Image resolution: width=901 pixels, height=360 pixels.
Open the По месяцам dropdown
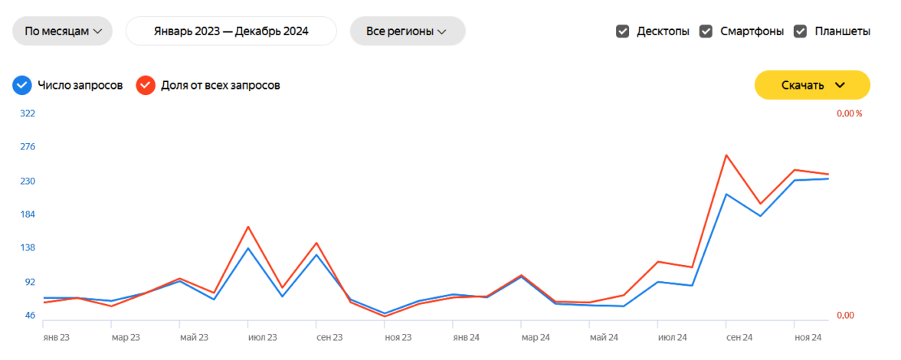62,31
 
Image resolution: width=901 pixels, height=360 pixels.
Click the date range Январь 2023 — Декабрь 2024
231,31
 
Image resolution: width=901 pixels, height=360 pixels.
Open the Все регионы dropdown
407,31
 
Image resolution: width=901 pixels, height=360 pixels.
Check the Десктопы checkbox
623,31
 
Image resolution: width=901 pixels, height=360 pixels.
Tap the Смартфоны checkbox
706,31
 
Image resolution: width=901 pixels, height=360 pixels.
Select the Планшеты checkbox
801,31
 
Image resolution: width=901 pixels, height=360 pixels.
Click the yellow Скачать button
812,85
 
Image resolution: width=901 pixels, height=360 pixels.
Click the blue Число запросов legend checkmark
22,85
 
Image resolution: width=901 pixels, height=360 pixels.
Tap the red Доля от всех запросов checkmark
146,85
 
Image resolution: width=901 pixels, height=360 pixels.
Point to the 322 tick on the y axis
28,113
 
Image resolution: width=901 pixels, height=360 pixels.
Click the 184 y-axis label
28,214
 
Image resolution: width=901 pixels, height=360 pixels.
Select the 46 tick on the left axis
30,316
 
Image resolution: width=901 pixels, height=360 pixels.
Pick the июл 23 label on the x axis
262,337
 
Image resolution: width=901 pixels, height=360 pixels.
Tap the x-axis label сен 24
739,337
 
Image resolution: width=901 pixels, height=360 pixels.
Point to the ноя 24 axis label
808,337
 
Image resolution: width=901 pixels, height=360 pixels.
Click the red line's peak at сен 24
726,155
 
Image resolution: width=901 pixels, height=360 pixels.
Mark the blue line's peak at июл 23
248,248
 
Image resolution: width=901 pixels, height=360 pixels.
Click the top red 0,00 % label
849,113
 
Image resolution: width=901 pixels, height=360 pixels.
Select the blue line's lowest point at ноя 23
385,313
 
